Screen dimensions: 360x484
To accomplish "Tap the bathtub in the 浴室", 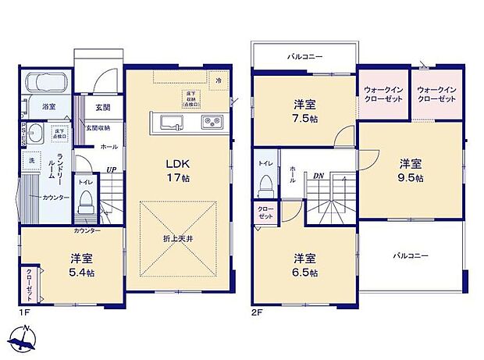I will click(46, 83).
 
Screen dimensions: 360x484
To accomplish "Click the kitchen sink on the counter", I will click(171, 120).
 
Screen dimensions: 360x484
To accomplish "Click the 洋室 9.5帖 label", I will click(411, 170).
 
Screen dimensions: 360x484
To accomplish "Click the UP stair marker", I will click(112, 169).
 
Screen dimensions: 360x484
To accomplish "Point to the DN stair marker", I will click(319, 176).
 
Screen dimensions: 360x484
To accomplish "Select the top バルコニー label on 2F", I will click(304, 57).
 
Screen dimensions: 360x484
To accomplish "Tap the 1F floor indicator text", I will click(25, 312).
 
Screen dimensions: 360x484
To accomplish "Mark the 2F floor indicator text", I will click(255, 312).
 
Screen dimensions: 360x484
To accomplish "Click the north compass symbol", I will click(24, 340).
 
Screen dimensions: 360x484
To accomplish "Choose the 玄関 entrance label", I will click(102, 107).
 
